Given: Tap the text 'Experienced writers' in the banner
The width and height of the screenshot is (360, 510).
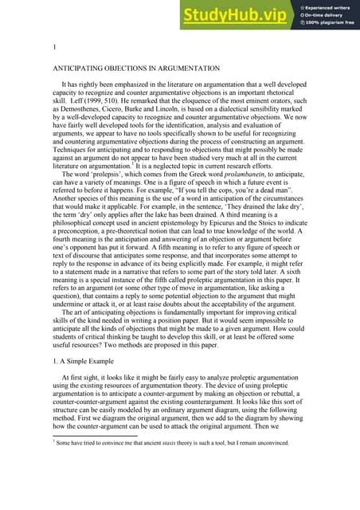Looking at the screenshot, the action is pyautogui.click(x=331, y=6).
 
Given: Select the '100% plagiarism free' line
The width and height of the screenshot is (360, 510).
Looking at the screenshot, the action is pyautogui.click(x=331, y=22).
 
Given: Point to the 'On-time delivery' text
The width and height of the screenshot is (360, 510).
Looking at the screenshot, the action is pyautogui.click(x=327, y=14).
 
